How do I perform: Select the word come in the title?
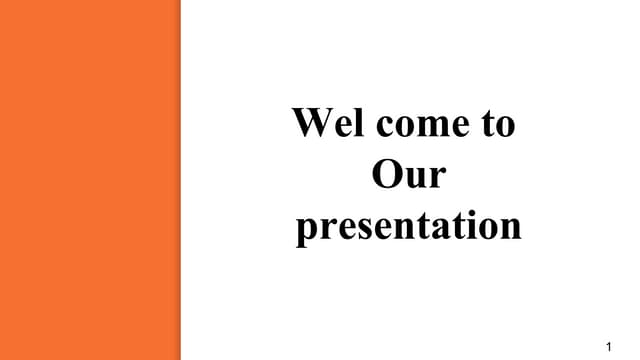[x=412, y=125]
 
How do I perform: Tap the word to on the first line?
[x=498, y=125]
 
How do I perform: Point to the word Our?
[x=408, y=175]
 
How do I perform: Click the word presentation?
[x=408, y=226]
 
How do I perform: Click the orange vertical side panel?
[x=90, y=180]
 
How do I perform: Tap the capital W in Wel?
[x=310, y=124]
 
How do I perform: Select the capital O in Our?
[x=385, y=175]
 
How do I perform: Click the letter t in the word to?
[x=488, y=125]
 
